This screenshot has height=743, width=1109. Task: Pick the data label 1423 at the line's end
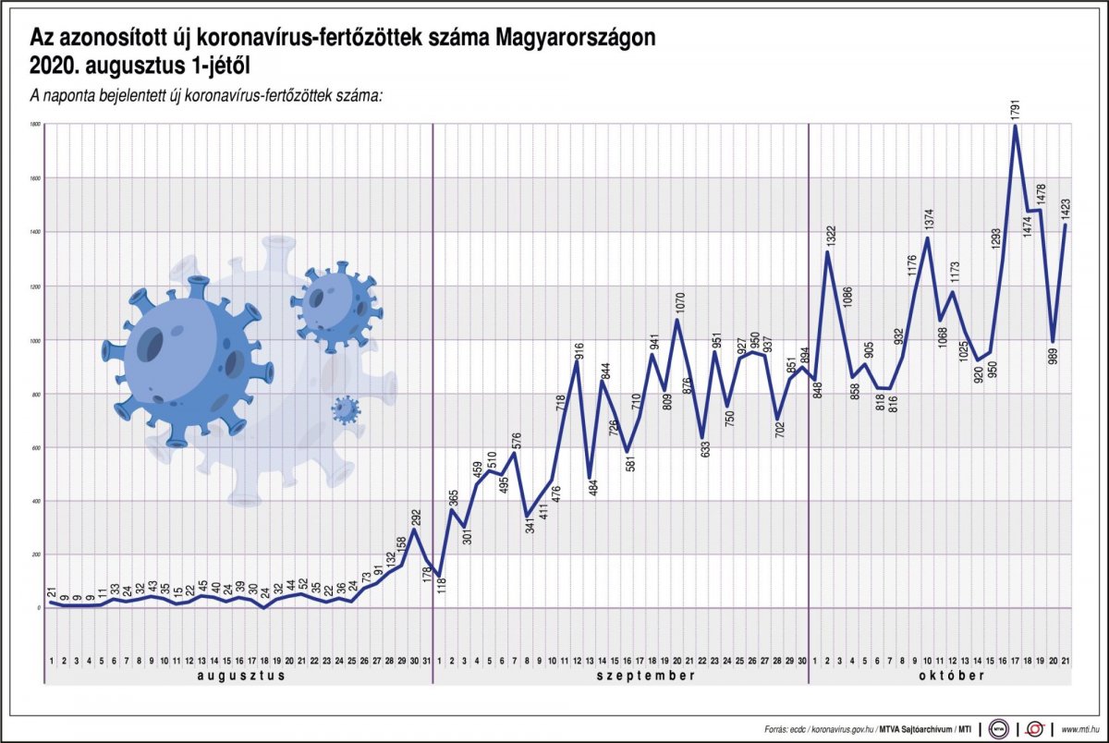[1066, 205]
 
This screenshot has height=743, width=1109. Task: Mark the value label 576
[516, 439]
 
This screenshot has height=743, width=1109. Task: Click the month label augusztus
[240, 676]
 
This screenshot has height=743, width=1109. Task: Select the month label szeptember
[621, 676]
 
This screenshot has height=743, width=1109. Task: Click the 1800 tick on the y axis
[35, 124]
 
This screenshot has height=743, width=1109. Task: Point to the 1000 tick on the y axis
[35, 340]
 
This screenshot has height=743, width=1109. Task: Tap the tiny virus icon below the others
[346, 409]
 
